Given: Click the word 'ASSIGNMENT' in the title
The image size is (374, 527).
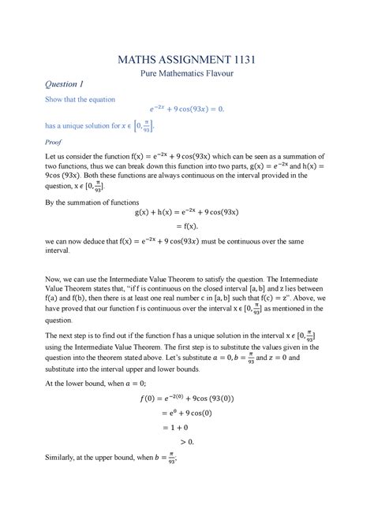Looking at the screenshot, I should click(189, 58).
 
